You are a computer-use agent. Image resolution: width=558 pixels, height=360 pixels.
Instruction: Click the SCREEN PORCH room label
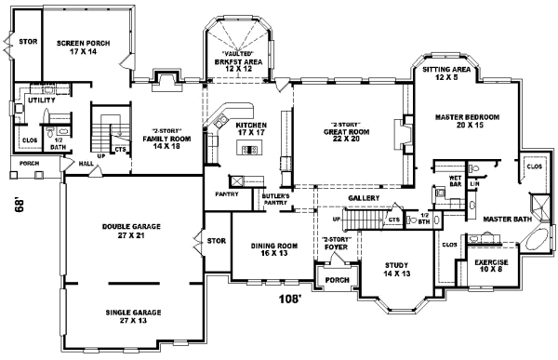[84, 48]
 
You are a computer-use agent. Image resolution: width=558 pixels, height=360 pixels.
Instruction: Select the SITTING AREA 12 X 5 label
[450, 74]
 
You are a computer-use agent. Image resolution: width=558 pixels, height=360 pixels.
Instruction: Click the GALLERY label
[362, 198]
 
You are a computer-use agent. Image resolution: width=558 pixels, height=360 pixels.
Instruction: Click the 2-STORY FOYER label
[334, 243]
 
